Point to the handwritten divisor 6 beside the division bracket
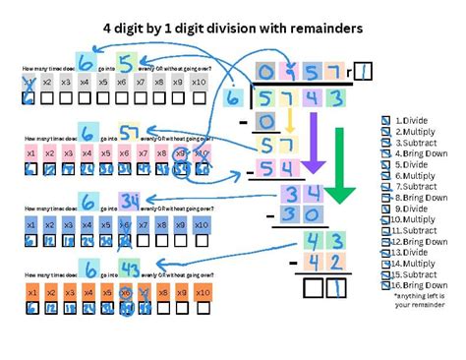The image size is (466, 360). (233, 98)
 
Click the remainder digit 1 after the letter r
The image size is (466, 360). (363, 70)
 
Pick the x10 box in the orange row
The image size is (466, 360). (201, 292)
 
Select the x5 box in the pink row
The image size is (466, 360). (106, 152)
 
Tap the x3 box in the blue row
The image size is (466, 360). (68, 224)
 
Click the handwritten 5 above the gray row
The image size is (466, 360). (124, 63)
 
